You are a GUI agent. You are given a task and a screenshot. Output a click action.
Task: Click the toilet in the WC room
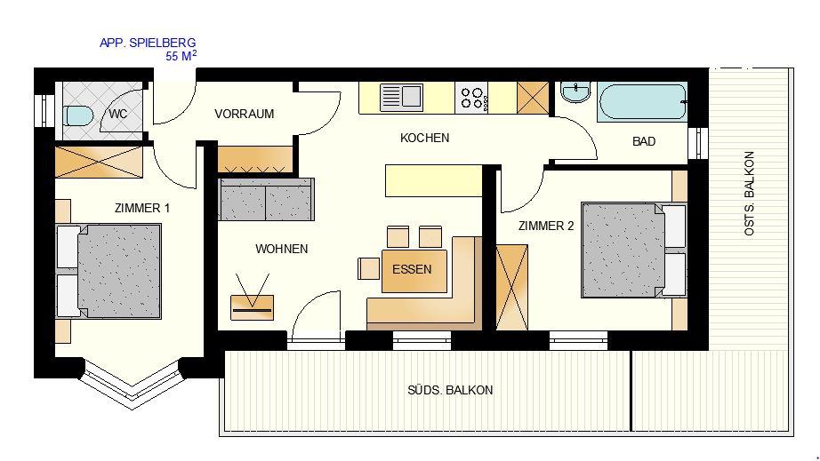pos(78,115)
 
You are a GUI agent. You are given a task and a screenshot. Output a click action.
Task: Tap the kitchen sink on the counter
pos(401,97)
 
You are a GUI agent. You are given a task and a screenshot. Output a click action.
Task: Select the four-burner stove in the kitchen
pos(471,99)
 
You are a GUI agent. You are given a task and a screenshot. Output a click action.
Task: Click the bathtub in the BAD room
pos(642,103)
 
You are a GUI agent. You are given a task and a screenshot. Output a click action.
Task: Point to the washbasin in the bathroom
pos(575,92)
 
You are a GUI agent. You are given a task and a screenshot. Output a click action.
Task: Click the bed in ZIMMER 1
pos(109,271)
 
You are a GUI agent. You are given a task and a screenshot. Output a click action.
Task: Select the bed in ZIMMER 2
pos(634,250)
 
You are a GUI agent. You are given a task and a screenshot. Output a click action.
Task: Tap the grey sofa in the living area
pos(266,200)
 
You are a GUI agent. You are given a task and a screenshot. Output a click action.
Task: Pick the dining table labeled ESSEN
pos(414,271)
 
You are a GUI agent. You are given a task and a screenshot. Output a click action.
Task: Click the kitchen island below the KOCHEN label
pos(433,180)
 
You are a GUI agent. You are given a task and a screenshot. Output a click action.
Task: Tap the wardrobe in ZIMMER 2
pos(512,288)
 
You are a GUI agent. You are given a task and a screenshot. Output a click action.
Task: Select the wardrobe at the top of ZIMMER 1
pos(99,162)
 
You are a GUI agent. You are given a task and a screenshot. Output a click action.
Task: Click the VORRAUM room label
pos(245,114)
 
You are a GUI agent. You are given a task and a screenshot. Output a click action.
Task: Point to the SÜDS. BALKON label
pos(450,390)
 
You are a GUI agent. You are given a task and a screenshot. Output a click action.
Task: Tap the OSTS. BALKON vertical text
pos(749,193)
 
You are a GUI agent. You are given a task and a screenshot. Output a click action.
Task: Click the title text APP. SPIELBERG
pos(148,43)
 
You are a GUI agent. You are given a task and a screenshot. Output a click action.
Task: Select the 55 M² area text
pos(181,56)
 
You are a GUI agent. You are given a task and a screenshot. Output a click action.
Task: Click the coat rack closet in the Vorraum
pos(255,160)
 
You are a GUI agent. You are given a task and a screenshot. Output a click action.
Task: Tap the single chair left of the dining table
pos(369,268)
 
